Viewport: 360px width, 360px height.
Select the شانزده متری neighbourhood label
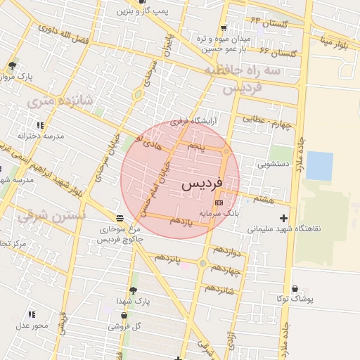coord(60,102)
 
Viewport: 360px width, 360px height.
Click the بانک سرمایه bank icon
coord(219,202)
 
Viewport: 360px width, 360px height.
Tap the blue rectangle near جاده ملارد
coord(319,166)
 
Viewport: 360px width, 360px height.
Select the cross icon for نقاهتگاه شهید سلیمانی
coord(283,218)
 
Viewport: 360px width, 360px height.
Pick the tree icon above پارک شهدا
coord(133,290)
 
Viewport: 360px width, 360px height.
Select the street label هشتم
coord(263,200)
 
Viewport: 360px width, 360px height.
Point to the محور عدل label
coord(32,325)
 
